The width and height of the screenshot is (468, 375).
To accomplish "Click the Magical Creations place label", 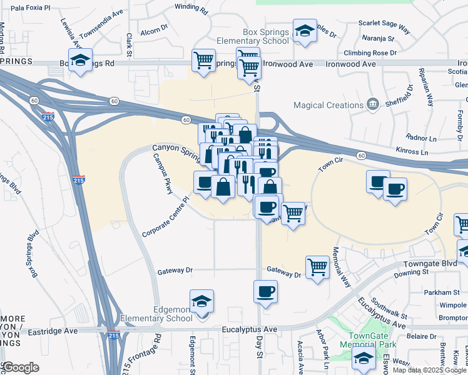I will tap(327, 105).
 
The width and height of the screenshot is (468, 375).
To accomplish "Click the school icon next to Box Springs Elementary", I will tap(305, 31).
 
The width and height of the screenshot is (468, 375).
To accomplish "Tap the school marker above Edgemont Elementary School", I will tap(201, 302).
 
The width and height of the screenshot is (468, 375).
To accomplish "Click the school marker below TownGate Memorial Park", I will tap(363, 359).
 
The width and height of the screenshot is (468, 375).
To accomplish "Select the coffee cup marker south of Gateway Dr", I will tap(265, 292).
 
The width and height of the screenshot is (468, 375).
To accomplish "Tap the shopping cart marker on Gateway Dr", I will tap(318, 267).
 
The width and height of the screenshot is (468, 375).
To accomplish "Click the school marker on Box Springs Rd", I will tap(80, 61).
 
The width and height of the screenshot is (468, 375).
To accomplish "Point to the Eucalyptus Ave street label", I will tap(249, 329).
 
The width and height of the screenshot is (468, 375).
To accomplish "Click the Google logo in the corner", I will tap(21, 367).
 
